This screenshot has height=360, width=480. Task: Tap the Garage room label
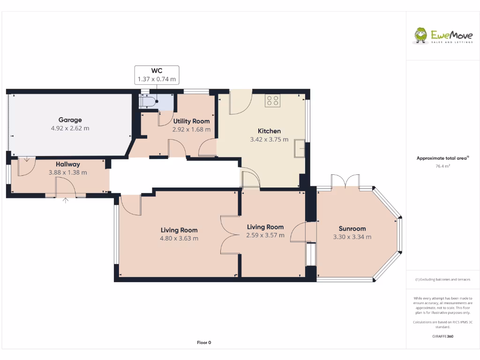tap(70, 120)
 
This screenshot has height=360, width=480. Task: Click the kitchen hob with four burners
tap(272, 100)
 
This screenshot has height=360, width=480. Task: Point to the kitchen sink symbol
tap(300, 149)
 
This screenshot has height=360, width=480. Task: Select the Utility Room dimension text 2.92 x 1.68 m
tap(191, 129)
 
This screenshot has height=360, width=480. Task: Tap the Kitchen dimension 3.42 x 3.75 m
tap(270, 139)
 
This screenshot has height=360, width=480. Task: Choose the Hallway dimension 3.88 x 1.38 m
tap(68, 172)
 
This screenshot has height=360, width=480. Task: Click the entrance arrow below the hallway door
tap(65, 201)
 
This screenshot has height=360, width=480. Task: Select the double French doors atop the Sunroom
tap(345, 182)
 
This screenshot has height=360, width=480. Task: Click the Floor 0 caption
tap(204, 343)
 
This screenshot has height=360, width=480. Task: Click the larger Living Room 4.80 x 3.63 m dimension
tap(179, 238)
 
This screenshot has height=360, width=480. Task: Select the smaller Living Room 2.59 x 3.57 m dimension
tap(265, 235)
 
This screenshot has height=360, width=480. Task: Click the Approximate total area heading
tap(442, 158)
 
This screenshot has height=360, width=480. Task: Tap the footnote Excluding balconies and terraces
tap(442, 279)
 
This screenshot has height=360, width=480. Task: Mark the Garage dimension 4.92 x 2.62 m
tap(70, 127)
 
